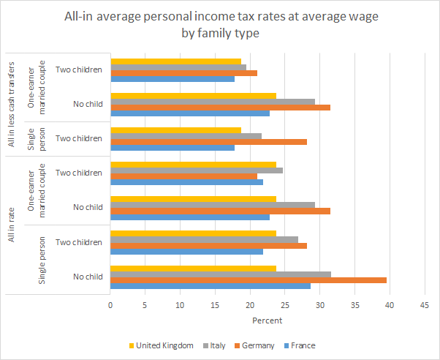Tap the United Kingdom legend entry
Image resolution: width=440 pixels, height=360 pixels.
[164, 345]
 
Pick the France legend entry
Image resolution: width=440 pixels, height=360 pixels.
[302, 345]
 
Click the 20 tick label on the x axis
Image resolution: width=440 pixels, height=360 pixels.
[250, 306]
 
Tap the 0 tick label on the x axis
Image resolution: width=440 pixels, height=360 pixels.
[110, 306]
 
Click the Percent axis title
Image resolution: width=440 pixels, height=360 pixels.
[267, 320]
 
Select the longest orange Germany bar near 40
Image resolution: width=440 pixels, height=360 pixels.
[249, 280]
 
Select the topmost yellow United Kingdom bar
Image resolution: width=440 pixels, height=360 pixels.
[175, 61]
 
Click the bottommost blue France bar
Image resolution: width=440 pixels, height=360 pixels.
[210, 286]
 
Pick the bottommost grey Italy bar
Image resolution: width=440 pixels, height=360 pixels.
[221, 274]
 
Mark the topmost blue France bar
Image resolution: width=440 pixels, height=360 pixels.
[172, 79]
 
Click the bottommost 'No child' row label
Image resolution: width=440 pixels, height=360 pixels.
[88, 277]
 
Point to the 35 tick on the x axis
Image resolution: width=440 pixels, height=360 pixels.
[354, 306]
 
